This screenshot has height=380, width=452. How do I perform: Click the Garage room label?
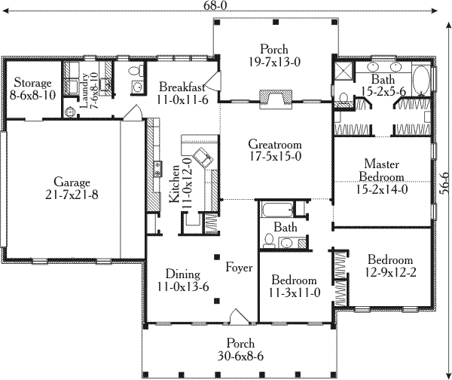coord(72,188)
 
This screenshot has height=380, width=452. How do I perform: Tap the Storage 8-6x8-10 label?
coord(31,89)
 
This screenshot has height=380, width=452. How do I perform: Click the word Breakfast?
coord(179,86)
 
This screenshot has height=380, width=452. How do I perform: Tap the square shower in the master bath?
coord(343,72)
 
